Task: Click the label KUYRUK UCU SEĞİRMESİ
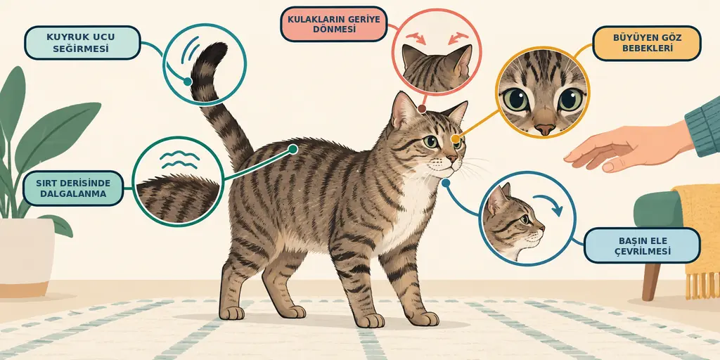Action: click(x=82, y=43)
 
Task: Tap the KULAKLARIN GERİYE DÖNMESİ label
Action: click(x=334, y=24)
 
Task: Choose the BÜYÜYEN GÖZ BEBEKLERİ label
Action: click(x=647, y=43)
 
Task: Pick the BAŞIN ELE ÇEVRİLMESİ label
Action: click(x=642, y=245)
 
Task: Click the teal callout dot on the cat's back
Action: click(x=292, y=149)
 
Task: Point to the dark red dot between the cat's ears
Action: click(x=422, y=109)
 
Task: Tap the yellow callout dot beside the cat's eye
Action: click(x=455, y=139)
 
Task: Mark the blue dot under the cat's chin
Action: click(x=445, y=182)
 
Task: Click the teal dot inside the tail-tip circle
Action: click(x=187, y=82)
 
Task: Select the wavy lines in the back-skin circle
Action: click(x=179, y=160)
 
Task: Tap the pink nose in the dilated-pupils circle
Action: click(x=545, y=129)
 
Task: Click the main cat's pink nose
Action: click(x=453, y=159)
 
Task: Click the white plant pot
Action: click(x=27, y=257)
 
